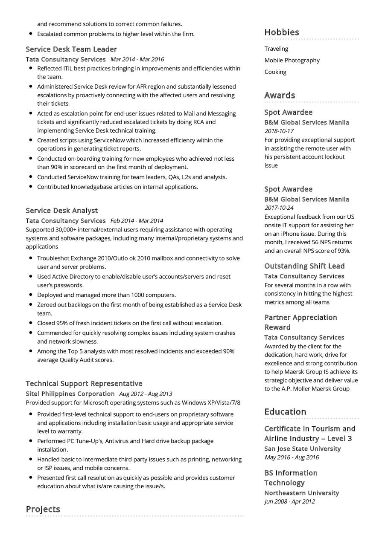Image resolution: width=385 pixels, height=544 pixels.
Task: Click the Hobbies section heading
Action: coord(282,32)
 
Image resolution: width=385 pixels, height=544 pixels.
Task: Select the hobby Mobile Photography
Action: coord(292,61)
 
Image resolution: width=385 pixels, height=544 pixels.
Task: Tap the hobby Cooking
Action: coord(275,72)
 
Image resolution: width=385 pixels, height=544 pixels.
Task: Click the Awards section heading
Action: coord(280,95)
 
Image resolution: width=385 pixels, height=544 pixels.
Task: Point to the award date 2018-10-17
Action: coord(279,131)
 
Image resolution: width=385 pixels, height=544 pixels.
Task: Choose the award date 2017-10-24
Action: coord(279,208)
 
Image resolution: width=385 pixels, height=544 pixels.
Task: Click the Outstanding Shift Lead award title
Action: coord(304,266)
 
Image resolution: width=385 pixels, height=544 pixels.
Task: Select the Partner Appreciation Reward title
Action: coord(300,322)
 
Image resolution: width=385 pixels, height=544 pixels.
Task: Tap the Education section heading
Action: coord(285,412)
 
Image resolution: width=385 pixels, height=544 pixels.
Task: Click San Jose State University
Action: coord(302,449)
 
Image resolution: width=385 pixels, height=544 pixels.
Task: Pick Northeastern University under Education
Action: coord(301,493)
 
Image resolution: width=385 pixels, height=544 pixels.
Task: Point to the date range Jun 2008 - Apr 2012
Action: coord(289,502)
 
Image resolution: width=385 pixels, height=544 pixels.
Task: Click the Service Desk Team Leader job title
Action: coord(71,49)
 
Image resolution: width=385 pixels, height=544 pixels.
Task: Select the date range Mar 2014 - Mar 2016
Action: coord(137,60)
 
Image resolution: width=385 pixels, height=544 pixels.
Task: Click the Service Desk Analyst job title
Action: coord(61,211)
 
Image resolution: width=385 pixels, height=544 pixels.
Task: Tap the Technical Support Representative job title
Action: coord(84,384)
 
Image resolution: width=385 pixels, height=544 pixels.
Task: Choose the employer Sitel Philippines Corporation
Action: coord(70,394)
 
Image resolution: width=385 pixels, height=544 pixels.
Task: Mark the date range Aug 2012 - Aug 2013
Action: coord(146,394)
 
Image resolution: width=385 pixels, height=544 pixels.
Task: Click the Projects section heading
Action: coord(43,509)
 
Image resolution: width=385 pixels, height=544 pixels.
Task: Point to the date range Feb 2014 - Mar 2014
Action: coord(137,221)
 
